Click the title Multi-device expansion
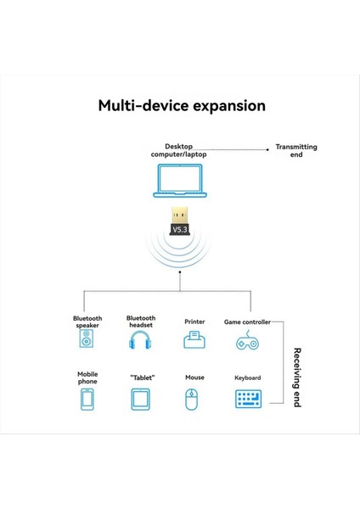(181, 106)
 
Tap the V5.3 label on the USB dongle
(180, 230)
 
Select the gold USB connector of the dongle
(180, 211)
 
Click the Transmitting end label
(296, 151)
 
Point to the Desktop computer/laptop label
(179, 150)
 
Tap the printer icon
(194, 341)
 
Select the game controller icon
(247, 342)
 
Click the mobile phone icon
(87, 399)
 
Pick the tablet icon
(141, 399)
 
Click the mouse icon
(194, 399)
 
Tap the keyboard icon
(247, 399)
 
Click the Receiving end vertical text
(297, 377)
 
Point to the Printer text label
(194, 322)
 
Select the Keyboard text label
(247, 378)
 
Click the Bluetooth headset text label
(141, 321)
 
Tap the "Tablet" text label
(141, 378)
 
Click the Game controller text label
(247, 322)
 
